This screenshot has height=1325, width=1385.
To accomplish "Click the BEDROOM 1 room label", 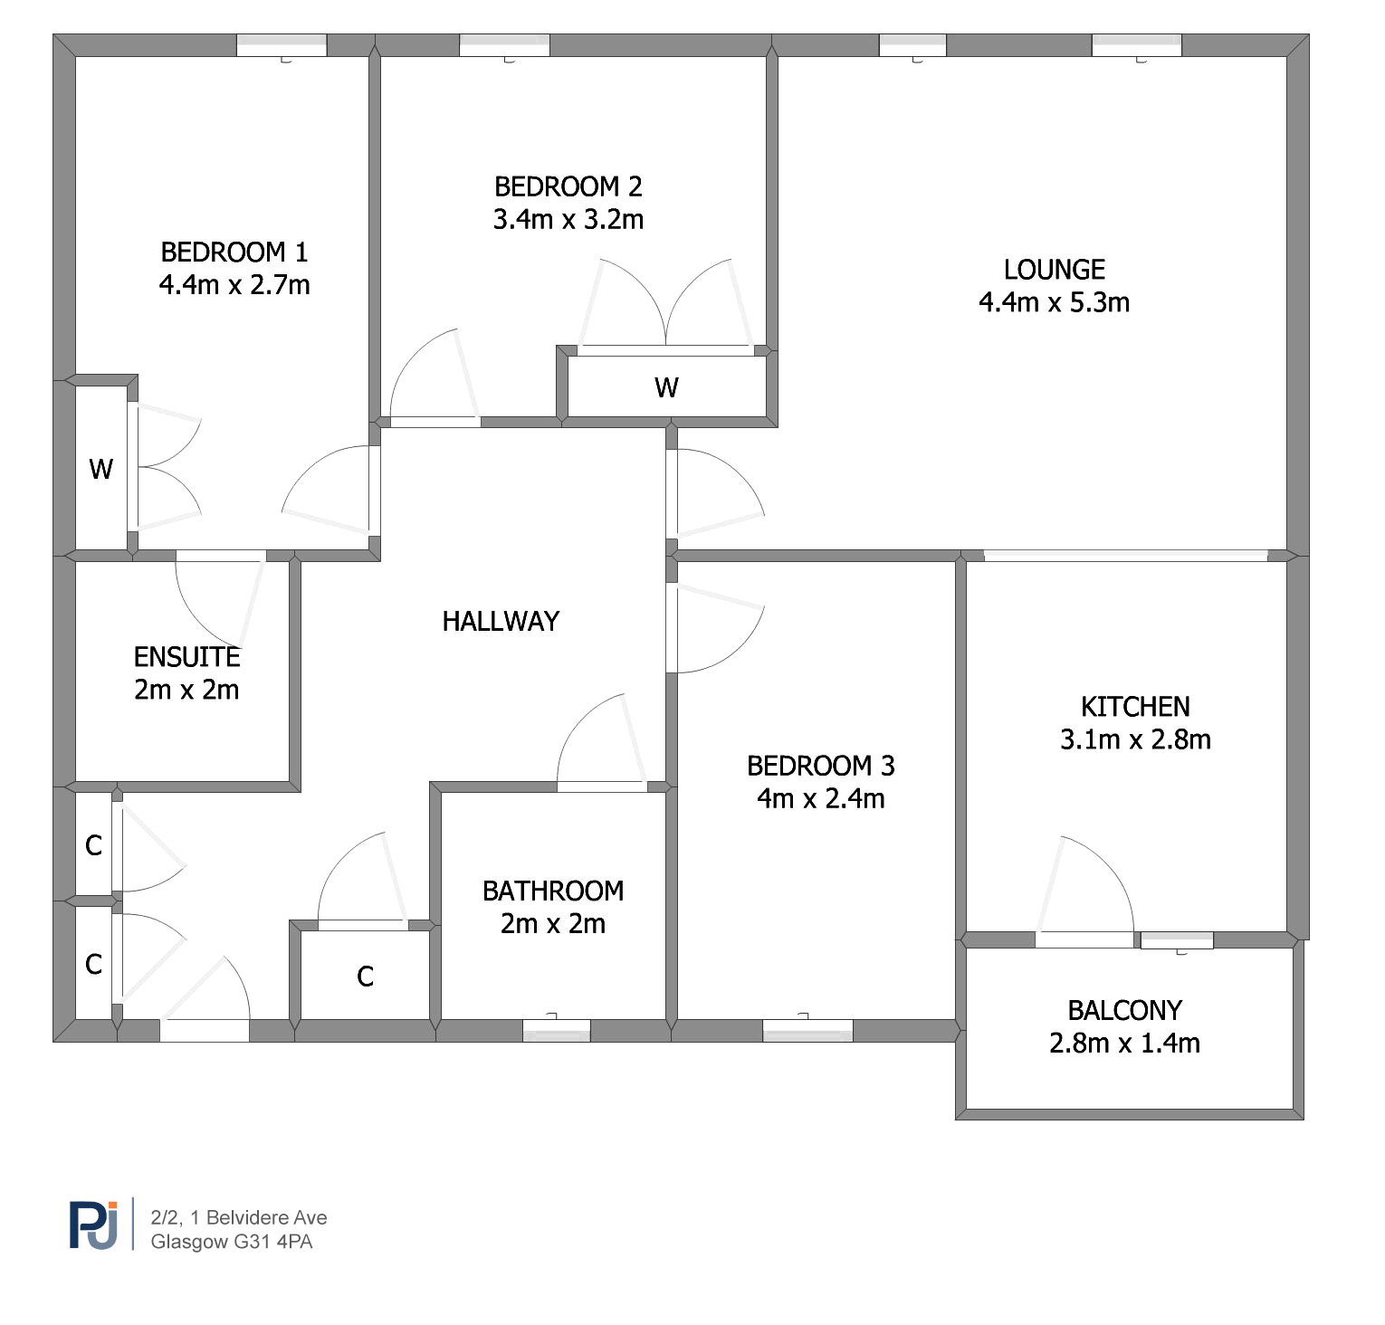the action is pyautogui.click(x=234, y=252).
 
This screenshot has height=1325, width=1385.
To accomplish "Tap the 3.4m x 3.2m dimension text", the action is pyautogui.click(x=568, y=219).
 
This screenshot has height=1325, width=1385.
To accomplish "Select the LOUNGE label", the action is pyautogui.click(x=1055, y=270).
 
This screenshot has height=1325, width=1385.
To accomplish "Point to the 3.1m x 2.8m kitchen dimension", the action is pyautogui.click(x=1135, y=739).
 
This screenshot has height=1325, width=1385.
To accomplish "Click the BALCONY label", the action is pyautogui.click(x=1125, y=1010).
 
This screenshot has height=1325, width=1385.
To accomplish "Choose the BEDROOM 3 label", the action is pyautogui.click(x=821, y=766).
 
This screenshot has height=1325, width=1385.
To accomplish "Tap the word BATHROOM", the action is pyautogui.click(x=553, y=891).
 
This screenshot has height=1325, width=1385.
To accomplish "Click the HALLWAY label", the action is pyautogui.click(x=501, y=621).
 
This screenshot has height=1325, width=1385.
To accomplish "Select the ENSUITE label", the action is pyautogui.click(x=187, y=656).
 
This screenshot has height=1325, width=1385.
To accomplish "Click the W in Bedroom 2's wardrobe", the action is pyautogui.click(x=666, y=387).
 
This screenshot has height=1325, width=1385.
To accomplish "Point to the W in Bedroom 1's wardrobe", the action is pyautogui.click(x=100, y=469).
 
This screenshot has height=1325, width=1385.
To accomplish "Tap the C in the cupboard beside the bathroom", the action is pyautogui.click(x=365, y=977).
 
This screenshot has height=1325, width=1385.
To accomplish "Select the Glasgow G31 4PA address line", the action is pyautogui.click(x=232, y=1242).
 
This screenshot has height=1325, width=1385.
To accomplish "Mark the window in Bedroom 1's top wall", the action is pyautogui.click(x=282, y=45).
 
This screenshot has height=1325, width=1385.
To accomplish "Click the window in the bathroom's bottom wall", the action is pyautogui.click(x=557, y=1030).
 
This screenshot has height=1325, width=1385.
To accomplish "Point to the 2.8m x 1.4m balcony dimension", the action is pyautogui.click(x=1125, y=1044).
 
